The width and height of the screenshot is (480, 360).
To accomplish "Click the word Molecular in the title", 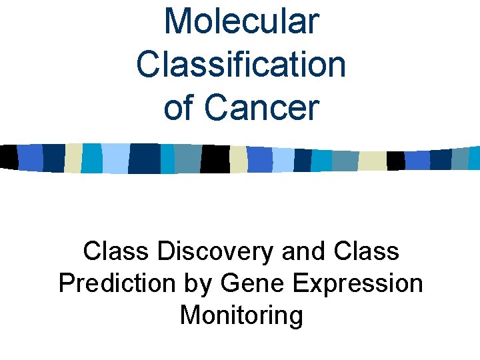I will point(241,21).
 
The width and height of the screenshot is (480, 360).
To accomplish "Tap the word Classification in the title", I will point(241,65).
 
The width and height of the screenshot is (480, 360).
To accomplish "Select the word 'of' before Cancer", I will point(178,108).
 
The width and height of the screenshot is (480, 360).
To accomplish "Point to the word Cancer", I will point(262,108).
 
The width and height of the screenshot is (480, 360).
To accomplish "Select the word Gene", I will point(251,283).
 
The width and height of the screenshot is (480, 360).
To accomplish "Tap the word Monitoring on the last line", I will point(241,315).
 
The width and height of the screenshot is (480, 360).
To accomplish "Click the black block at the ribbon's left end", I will point(8,157).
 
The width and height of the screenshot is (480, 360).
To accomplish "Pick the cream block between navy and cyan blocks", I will point(73,157).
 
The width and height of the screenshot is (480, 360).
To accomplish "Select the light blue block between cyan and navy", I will point(115,158).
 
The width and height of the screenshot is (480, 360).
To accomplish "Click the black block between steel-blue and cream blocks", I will point(215,159).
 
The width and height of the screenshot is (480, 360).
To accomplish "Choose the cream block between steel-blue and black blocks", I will point(373,161).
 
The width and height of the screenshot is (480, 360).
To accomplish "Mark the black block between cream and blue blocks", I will point(395,161).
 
